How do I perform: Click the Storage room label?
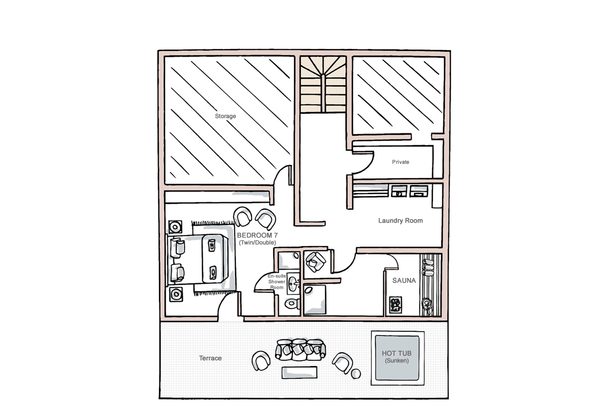click(225, 116)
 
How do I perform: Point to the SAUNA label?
click(404, 280)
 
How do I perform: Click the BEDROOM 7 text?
click(257, 235)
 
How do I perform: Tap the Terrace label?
click(210, 358)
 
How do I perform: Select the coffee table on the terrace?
click(299, 372)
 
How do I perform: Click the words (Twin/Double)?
click(257, 243)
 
